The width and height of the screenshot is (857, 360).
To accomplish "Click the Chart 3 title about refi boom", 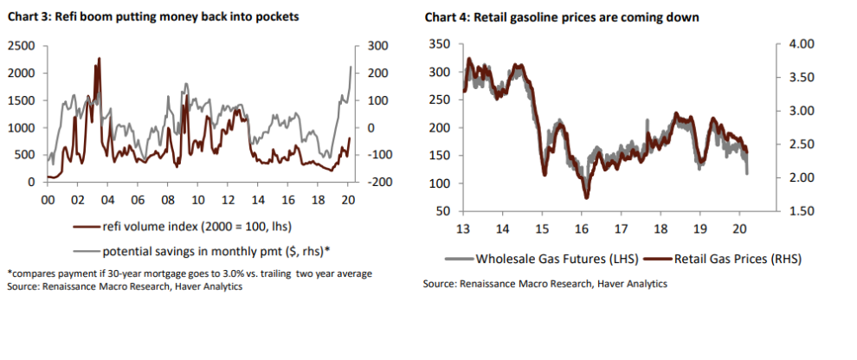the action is (153, 17).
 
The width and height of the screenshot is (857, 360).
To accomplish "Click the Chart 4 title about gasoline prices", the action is (562, 17).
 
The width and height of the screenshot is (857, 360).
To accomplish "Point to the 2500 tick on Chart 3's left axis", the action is (23, 46).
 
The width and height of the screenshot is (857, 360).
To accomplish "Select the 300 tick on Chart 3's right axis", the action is (377, 46).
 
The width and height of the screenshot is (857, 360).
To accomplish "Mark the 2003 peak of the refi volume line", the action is (99, 58).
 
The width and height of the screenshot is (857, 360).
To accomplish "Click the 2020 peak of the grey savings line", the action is (351, 67).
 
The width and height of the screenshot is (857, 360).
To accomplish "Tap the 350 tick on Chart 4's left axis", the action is (439, 44).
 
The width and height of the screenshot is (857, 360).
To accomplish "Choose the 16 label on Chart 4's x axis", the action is (581, 228).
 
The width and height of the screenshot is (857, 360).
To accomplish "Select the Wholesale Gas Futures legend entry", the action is (543, 259).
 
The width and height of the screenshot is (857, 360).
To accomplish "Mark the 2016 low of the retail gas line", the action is (587, 197).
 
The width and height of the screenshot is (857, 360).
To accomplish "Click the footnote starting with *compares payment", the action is (190, 274).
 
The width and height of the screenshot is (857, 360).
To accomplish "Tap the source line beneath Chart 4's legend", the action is (544, 284).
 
